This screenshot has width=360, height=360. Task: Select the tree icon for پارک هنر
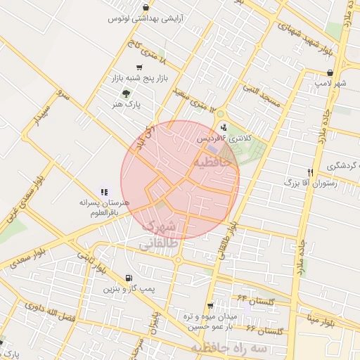[x=126, y=94]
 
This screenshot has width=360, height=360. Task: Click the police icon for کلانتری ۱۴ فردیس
[x=224, y=127]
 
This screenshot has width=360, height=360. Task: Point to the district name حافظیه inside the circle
[x=212, y=163]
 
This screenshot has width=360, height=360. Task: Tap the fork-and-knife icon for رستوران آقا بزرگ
[x=309, y=172]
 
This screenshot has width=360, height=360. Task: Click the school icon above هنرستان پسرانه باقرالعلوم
[x=105, y=191]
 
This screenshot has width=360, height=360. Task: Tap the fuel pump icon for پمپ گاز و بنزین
[x=127, y=278]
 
